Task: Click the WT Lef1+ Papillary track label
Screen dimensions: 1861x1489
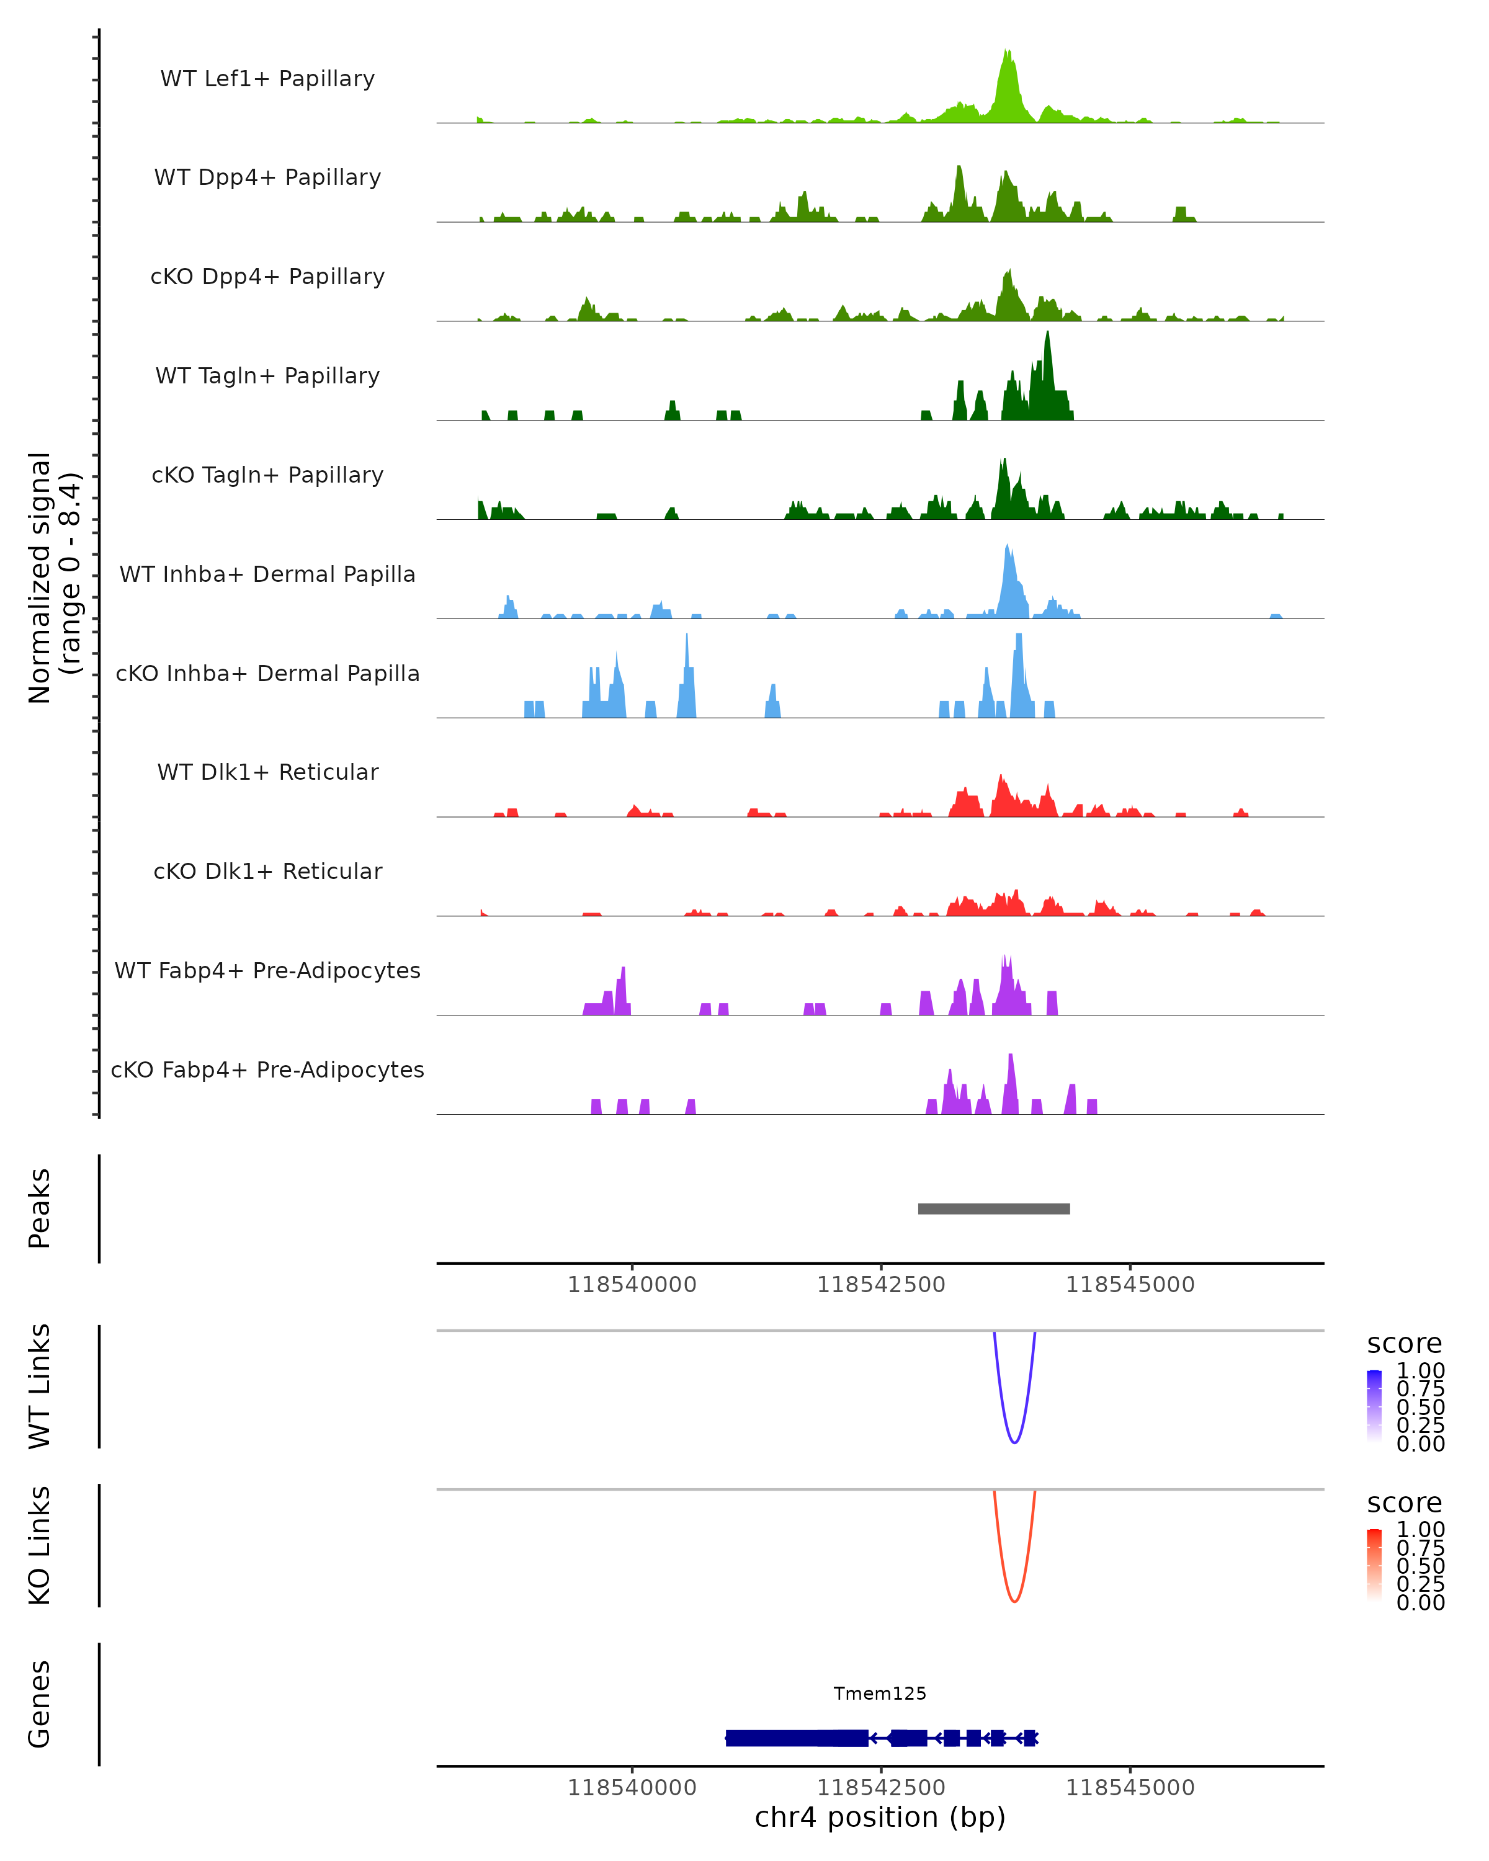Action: [267, 79]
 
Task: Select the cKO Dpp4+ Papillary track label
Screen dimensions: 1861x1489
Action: [267, 276]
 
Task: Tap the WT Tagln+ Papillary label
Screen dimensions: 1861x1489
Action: [267, 375]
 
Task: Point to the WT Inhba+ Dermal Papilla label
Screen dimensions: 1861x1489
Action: [267, 574]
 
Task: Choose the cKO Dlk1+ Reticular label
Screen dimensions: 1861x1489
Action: [267, 871]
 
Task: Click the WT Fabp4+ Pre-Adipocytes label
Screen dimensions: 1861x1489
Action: [267, 970]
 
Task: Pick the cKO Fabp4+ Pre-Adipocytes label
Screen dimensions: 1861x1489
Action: [267, 1069]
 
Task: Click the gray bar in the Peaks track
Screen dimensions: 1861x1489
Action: [993, 1208]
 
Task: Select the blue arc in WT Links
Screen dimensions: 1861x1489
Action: [1014, 1442]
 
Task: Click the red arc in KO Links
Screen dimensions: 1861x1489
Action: [1014, 1601]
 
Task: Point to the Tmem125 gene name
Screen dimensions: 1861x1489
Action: [880, 1694]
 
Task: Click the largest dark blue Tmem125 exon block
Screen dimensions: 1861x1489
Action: [796, 1738]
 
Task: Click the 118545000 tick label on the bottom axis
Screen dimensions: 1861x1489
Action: [1130, 1788]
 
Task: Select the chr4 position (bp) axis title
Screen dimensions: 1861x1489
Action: [880, 1818]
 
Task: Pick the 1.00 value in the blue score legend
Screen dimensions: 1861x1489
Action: [1420, 1371]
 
